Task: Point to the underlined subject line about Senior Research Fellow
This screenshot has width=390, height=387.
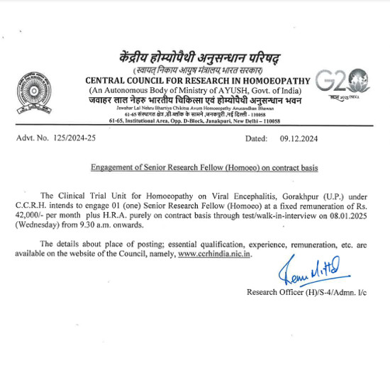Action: click(x=204, y=168)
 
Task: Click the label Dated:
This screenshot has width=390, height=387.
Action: click(x=256, y=139)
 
